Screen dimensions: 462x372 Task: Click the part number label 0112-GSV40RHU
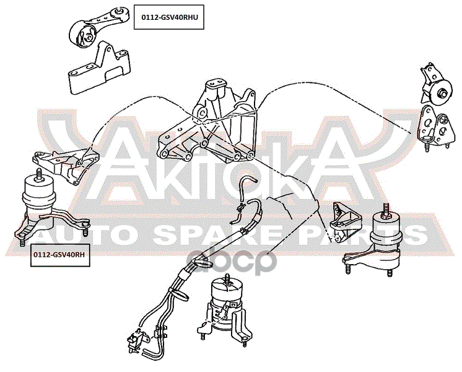(169, 17)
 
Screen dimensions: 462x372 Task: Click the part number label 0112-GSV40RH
(60, 255)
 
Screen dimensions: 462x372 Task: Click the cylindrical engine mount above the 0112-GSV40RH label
(47, 206)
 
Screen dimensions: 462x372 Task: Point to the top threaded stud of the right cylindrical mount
(385, 210)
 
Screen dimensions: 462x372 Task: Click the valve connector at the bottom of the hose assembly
(136, 340)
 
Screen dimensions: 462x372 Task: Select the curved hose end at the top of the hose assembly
(248, 180)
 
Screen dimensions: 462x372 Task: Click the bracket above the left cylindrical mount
(66, 166)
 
